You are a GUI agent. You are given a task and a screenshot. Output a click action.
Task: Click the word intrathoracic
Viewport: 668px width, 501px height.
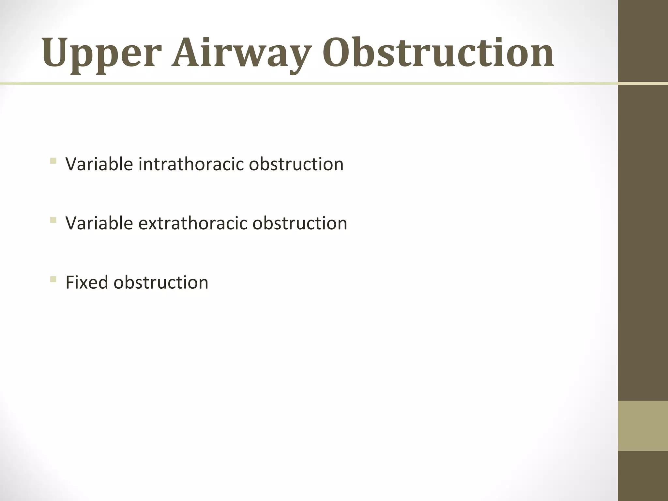(191, 164)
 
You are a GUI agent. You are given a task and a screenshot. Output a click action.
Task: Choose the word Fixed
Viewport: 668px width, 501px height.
(87, 282)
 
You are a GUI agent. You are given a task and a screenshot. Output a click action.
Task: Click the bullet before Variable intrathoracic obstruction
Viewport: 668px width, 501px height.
(53, 161)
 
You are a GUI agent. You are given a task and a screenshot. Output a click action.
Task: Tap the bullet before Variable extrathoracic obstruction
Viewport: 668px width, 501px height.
(53, 220)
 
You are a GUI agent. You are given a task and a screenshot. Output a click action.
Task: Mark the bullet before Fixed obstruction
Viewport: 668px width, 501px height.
(53, 279)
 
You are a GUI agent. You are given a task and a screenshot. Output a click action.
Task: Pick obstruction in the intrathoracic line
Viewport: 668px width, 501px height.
(296, 164)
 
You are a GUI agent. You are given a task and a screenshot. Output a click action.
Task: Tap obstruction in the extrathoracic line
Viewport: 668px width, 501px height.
(300, 223)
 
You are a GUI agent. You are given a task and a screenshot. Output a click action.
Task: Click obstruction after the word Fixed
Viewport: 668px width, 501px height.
(161, 282)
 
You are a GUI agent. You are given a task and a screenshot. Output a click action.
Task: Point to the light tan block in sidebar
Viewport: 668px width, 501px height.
(643, 426)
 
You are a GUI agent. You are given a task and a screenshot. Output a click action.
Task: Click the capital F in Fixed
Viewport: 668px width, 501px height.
(70, 282)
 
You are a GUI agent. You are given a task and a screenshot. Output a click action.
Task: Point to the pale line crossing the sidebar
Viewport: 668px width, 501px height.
(643, 84)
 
